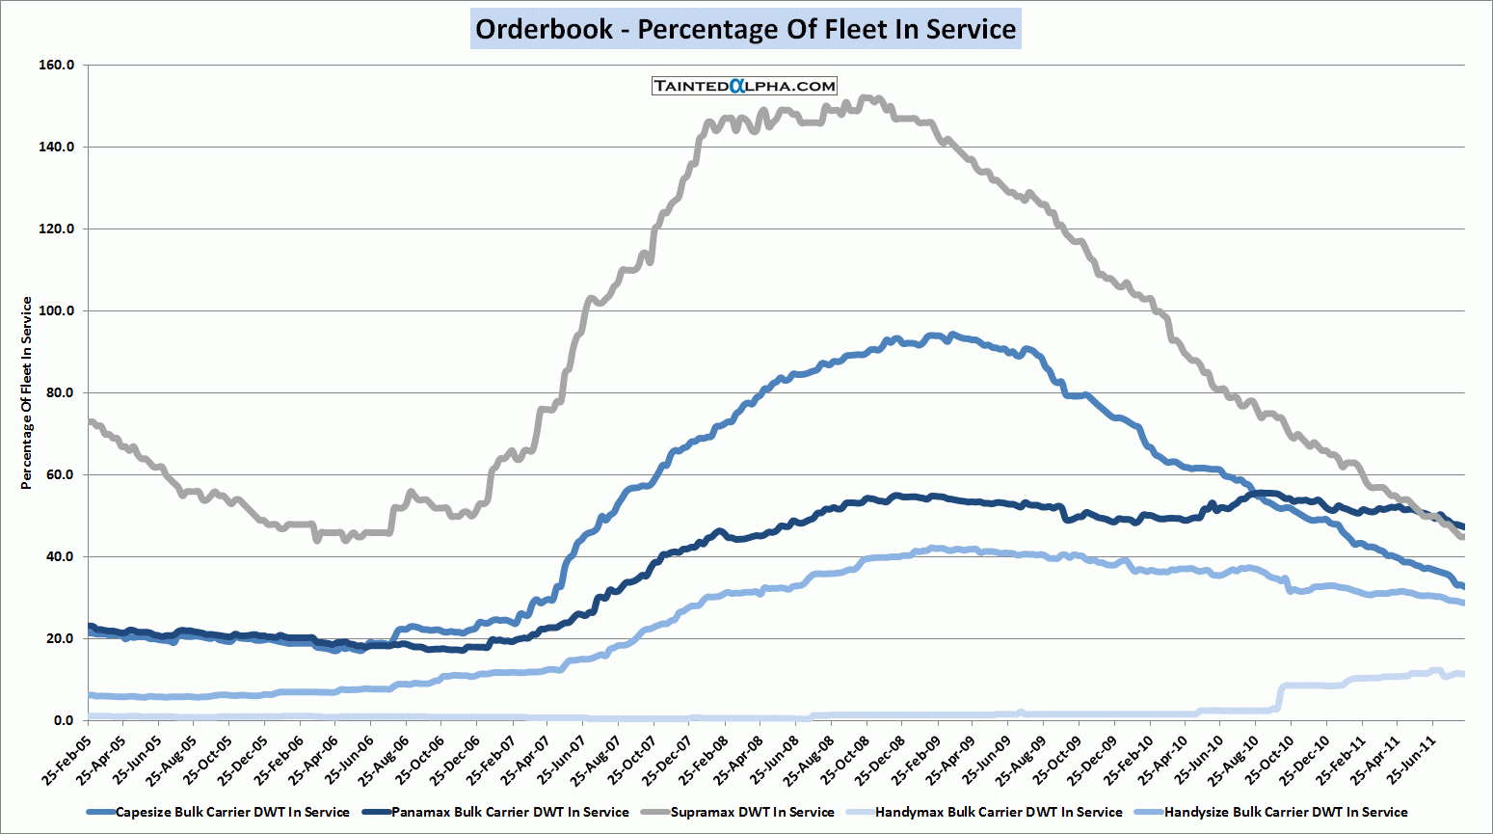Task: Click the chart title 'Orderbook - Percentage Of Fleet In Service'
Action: pyautogui.click(x=746, y=29)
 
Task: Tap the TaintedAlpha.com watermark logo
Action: pyautogui.click(x=744, y=86)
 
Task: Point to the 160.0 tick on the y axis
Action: pyautogui.click(x=57, y=65)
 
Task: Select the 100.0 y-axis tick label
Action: pyautogui.click(x=57, y=310)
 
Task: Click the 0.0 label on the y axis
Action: pyautogui.click(x=64, y=720)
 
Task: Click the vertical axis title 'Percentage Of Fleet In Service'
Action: pyautogui.click(x=27, y=392)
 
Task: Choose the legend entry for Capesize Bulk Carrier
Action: pyautogui.click(x=231, y=812)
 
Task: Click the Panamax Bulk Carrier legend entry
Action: pyautogui.click(x=509, y=812)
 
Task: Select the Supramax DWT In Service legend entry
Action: pyautogui.click(x=752, y=812)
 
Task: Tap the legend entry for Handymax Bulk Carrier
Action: pyautogui.click(x=999, y=812)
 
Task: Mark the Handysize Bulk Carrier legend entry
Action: pyautogui.click(x=1286, y=812)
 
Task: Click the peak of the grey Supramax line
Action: pyautogui.click(x=866, y=97)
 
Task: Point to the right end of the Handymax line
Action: pyautogui.click(x=1462, y=674)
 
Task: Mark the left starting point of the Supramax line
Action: pyautogui.click(x=90, y=421)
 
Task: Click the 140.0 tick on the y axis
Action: pyautogui.click(x=57, y=147)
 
